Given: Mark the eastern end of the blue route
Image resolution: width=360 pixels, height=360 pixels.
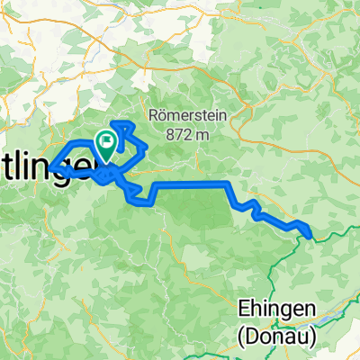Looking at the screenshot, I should (311, 237).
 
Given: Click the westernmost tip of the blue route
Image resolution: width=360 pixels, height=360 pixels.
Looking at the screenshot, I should (50, 166).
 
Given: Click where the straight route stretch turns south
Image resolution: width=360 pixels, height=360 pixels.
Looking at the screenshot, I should (229, 184).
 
